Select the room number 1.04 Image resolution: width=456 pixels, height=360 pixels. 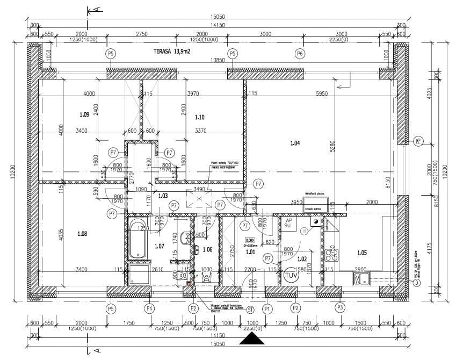click(295, 143)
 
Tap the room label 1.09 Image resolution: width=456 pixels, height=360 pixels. click(84, 114)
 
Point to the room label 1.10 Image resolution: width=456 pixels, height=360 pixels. click(200, 117)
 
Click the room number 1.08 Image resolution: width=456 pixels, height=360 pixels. click(82, 233)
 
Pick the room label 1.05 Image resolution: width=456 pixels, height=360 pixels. click(362, 253)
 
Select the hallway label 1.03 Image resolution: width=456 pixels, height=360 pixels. click(163, 196)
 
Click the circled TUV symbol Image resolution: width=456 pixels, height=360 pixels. click(292, 276)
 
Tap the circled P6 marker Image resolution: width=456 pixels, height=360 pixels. click(300, 53)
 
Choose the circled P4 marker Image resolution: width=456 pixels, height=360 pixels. click(149, 308)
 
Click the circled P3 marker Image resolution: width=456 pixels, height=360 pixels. click(339, 308)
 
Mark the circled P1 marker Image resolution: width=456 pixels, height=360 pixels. click(267, 308)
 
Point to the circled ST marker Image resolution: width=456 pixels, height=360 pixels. click(250, 309)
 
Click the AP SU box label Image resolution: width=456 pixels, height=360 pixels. click(288, 223)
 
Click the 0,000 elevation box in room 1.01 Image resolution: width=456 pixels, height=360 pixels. click(249, 241)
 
